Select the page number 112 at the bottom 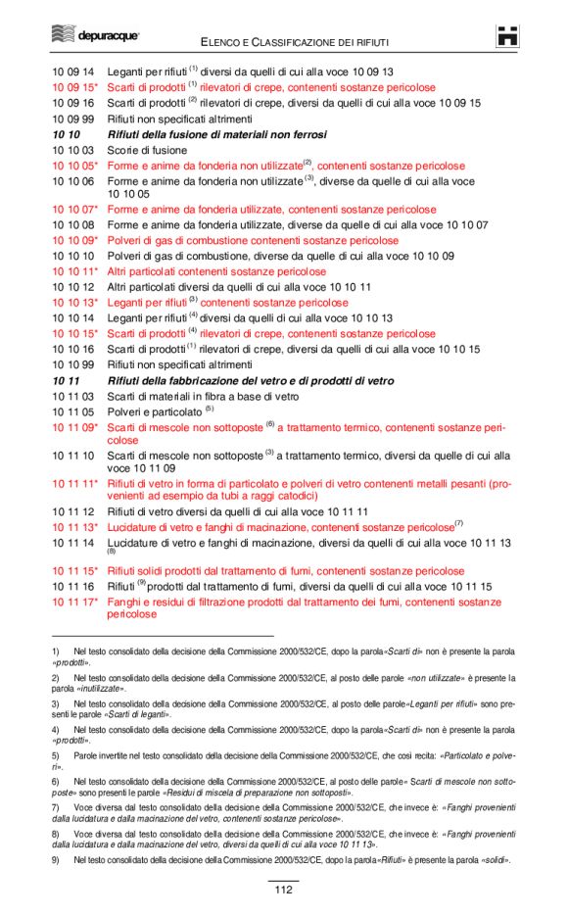(x=283, y=890)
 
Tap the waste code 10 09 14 (x=72, y=72)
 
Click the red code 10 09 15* (x=74, y=87)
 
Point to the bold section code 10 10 (x=66, y=134)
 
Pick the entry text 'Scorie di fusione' (x=147, y=150)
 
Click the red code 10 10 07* (x=74, y=210)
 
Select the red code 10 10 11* (x=74, y=271)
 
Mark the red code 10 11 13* (x=74, y=527)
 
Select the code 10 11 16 (x=72, y=586)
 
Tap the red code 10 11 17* (x=74, y=602)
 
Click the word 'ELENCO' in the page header (x=223, y=42)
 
